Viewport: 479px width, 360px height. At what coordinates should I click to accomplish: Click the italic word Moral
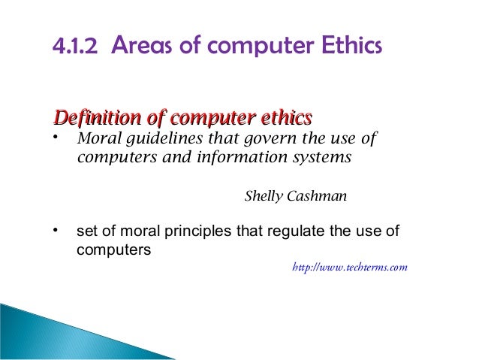click(x=98, y=140)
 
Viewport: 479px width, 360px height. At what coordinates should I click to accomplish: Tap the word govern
click(x=258, y=141)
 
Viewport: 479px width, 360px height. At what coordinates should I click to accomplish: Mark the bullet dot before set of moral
click(x=55, y=230)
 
